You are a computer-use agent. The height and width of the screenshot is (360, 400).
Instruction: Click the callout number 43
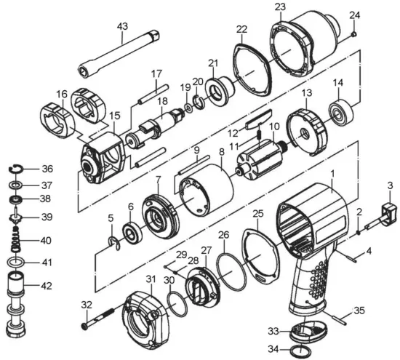(122, 26)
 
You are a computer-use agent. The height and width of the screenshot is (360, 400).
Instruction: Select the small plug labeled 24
(354, 34)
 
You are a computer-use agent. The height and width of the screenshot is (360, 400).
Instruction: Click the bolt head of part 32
(84, 327)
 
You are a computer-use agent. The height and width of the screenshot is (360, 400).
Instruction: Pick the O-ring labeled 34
(301, 351)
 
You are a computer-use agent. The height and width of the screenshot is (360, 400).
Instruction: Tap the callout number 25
(257, 214)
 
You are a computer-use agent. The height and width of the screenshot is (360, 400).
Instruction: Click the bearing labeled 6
(132, 233)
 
